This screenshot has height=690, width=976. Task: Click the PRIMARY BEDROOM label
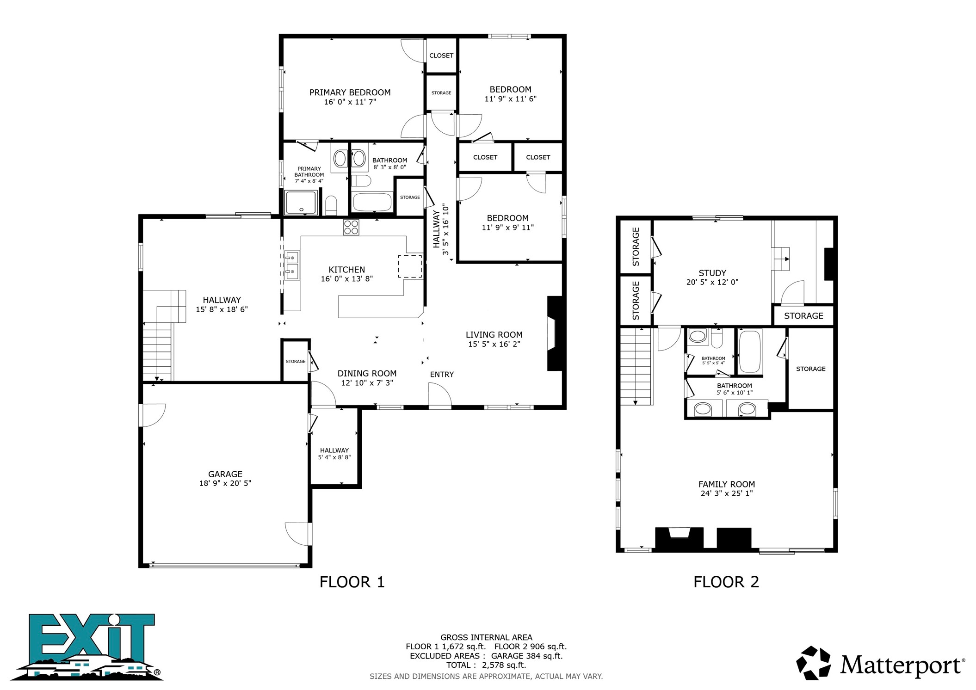click(x=350, y=92)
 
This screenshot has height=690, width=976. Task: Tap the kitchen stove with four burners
click(x=351, y=227)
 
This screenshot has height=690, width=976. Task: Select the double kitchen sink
click(x=292, y=265)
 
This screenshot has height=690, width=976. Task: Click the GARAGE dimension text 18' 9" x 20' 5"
click(x=225, y=483)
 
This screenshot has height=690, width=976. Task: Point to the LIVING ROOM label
click(x=494, y=335)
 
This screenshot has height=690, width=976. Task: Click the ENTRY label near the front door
click(x=442, y=375)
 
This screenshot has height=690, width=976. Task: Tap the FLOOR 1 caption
click(x=352, y=582)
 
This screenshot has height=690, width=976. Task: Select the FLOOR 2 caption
click(x=726, y=582)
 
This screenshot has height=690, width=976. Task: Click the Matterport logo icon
click(x=813, y=663)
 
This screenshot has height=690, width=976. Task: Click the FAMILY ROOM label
click(x=727, y=484)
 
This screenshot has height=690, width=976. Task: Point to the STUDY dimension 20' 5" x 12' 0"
click(x=712, y=282)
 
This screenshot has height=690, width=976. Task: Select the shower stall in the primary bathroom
click(x=301, y=203)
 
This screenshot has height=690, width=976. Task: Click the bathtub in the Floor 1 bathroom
click(x=372, y=202)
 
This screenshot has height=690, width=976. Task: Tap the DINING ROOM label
click(x=367, y=374)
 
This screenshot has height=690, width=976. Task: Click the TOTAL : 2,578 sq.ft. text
click(x=486, y=665)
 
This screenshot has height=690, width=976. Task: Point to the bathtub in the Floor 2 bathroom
click(x=750, y=351)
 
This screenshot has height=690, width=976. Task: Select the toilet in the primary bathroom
click(x=331, y=206)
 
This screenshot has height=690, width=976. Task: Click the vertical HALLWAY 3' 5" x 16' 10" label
click(x=441, y=229)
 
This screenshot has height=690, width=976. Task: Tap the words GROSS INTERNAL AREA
click(x=486, y=637)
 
